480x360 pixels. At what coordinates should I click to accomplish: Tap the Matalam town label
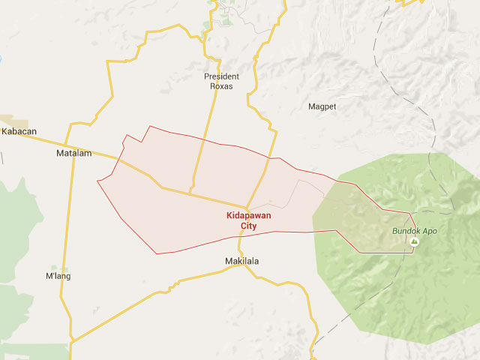(x=73, y=154)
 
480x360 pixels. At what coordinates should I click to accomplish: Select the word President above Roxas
(x=221, y=76)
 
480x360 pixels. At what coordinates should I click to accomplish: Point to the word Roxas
(x=221, y=86)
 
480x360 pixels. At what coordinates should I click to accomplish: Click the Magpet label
(x=322, y=106)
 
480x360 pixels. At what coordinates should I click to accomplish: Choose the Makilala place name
(x=242, y=261)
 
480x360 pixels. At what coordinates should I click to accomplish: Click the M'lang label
(x=58, y=276)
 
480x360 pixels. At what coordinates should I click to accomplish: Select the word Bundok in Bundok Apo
(x=407, y=231)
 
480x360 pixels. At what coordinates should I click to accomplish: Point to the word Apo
(x=430, y=231)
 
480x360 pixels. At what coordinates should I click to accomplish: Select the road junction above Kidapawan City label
(x=246, y=207)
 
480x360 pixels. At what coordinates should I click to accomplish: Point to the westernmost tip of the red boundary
(x=97, y=181)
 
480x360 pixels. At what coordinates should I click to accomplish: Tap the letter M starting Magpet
(x=311, y=106)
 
